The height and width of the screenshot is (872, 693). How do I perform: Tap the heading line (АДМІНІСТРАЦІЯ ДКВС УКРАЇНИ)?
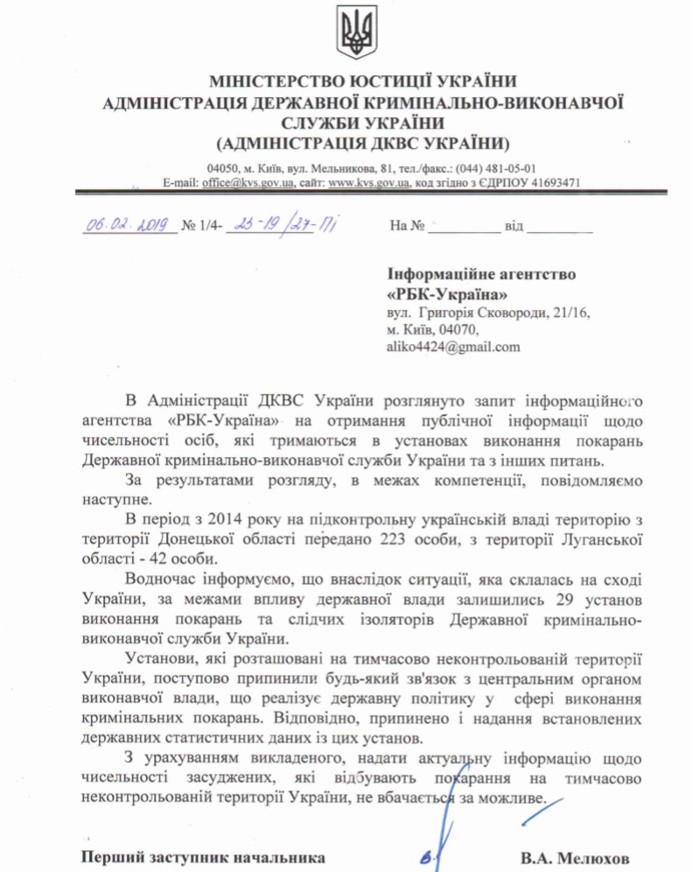point(361,143)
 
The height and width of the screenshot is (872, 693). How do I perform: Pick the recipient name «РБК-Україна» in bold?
point(446,293)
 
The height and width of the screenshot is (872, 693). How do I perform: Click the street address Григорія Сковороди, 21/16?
point(494,312)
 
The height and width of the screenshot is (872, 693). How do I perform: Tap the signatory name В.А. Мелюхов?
point(574,856)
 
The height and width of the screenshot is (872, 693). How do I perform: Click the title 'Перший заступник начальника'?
point(203,856)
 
